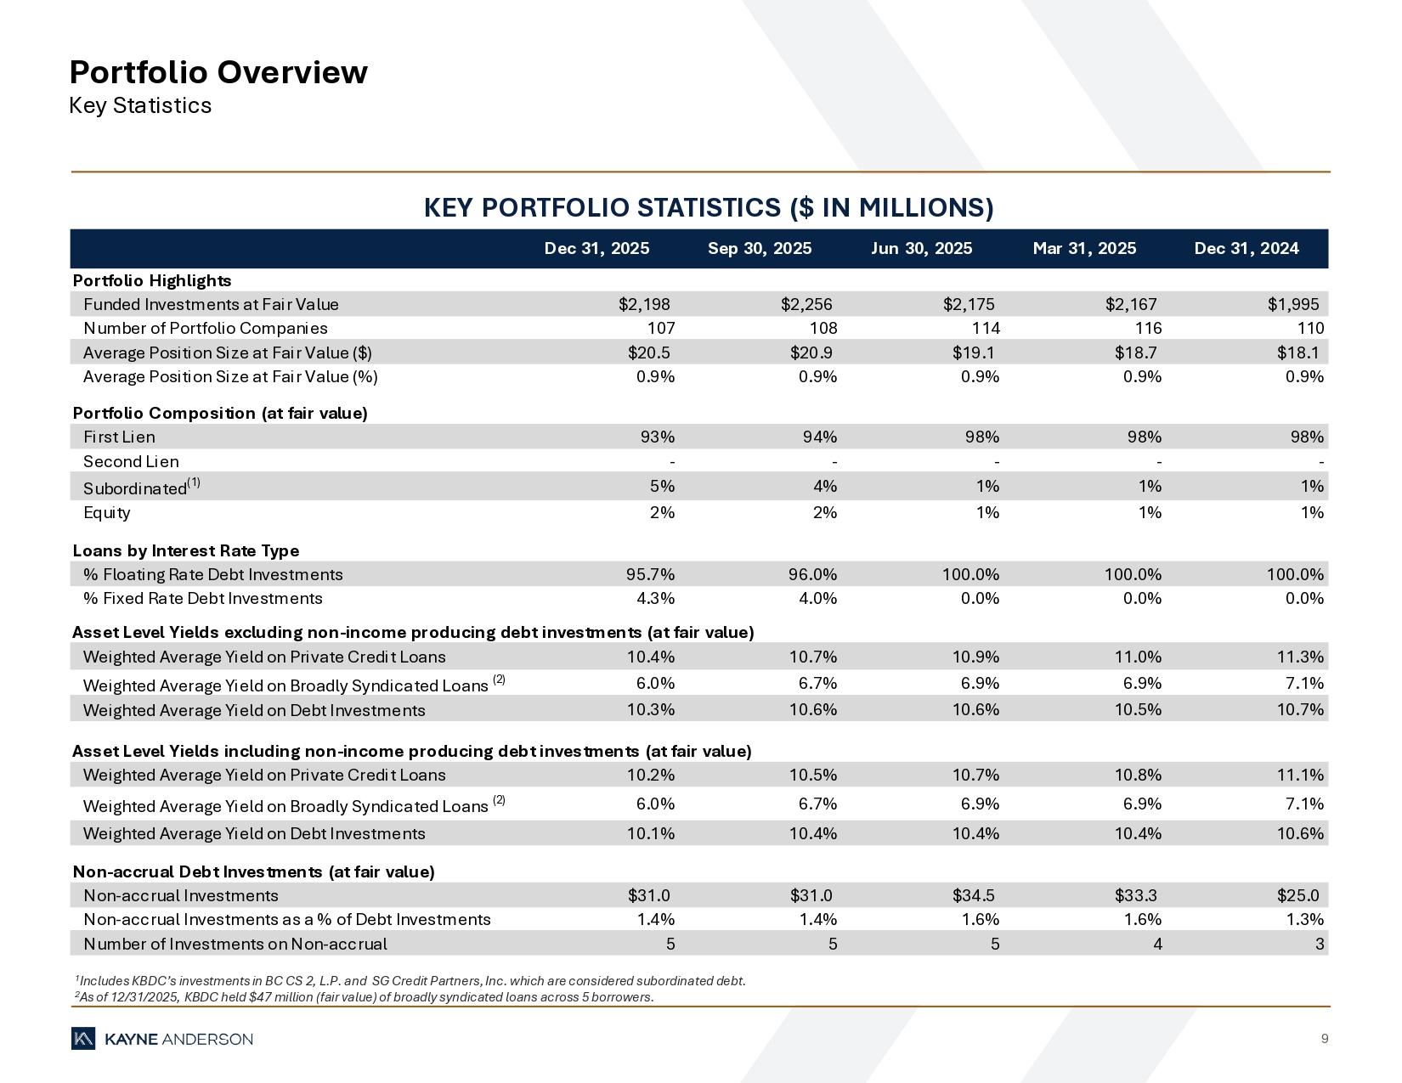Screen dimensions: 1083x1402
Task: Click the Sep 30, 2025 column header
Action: [759, 248]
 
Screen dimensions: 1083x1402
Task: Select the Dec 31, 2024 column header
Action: [1246, 248]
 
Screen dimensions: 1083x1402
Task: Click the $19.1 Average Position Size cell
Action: [973, 353]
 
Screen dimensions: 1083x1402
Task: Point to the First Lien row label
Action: [119, 437]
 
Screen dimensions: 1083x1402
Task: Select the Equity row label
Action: [107, 512]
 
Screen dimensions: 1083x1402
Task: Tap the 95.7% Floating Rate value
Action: [650, 574]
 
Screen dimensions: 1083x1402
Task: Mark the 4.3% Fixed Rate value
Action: [655, 598]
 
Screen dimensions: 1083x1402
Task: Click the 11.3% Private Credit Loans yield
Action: [1300, 657]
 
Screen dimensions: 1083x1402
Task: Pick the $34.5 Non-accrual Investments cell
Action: [973, 895]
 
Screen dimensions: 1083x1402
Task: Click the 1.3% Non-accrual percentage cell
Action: [1304, 919]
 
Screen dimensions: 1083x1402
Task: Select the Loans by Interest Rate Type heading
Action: [186, 550]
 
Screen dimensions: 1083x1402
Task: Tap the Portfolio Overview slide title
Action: [218, 72]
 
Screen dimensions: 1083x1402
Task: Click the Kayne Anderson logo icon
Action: [83, 1039]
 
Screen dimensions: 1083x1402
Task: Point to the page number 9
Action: [1325, 1038]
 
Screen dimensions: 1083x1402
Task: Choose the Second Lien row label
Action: [131, 461]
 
